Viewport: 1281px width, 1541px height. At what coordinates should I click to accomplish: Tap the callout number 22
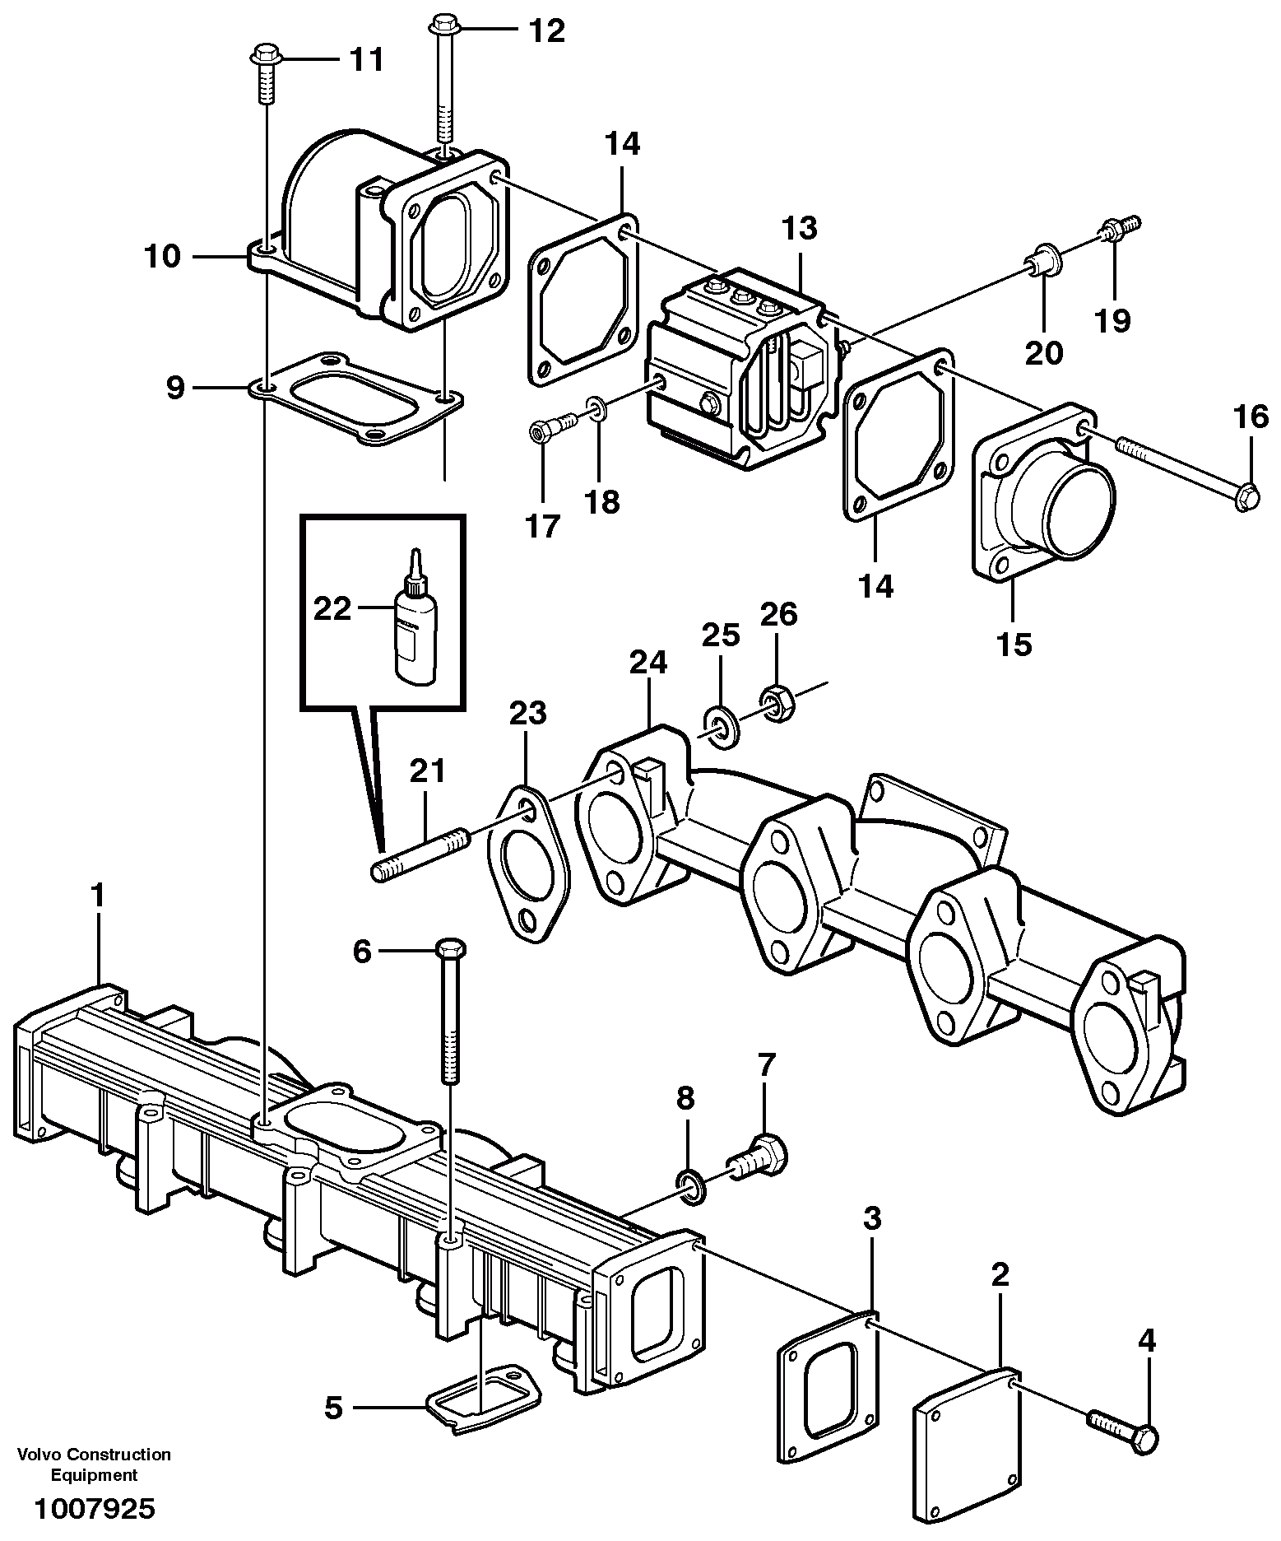(332, 610)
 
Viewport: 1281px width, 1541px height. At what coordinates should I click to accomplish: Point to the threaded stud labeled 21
(420, 855)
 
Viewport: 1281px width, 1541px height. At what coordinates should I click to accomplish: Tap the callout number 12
(546, 31)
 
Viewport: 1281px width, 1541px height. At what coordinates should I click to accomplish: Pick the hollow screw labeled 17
(547, 427)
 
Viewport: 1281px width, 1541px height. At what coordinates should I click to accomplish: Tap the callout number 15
(1014, 645)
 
